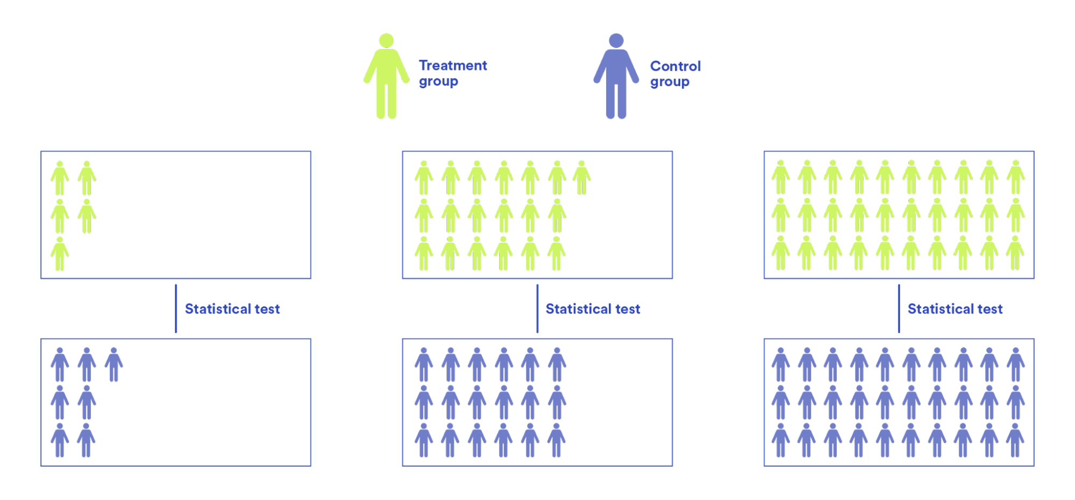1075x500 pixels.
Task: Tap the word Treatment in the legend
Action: pyautogui.click(x=453, y=66)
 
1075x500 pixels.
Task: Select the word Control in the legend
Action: pyautogui.click(x=675, y=66)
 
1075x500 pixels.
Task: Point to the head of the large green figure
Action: pyautogui.click(x=386, y=41)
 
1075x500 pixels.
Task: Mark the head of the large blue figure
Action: pyautogui.click(x=616, y=41)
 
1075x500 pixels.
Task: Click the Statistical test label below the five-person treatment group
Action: pyautogui.click(x=232, y=309)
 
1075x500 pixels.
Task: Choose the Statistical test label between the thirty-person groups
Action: pyautogui.click(x=955, y=309)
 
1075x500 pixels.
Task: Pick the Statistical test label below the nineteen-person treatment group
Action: pyautogui.click(x=593, y=309)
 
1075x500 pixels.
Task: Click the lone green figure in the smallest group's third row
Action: pyautogui.click(x=60, y=253)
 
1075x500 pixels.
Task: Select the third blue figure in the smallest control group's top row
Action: pyautogui.click(x=113, y=364)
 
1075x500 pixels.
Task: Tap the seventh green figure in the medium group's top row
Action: pyautogui.click(x=581, y=178)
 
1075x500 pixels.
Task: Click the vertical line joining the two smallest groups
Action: pyautogui.click(x=176, y=308)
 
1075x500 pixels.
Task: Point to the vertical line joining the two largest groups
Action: pyautogui.click(x=899, y=308)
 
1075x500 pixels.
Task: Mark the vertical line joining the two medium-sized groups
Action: pyautogui.click(x=537, y=308)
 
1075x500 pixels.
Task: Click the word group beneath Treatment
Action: pyautogui.click(x=438, y=82)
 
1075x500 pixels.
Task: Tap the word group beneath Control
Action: pyautogui.click(x=670, y=82)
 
